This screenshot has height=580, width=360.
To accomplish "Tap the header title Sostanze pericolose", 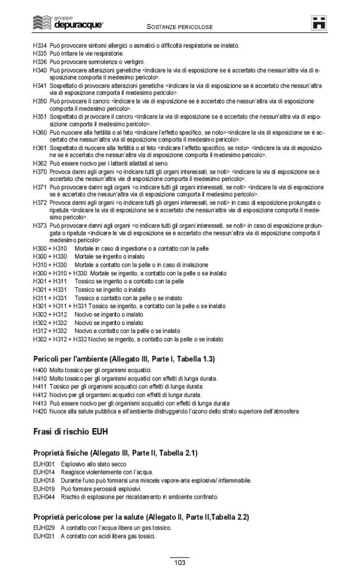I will (180, 27).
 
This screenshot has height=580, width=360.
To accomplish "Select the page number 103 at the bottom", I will (180, 563).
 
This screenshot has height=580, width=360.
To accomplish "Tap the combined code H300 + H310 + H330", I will (60, 273).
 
